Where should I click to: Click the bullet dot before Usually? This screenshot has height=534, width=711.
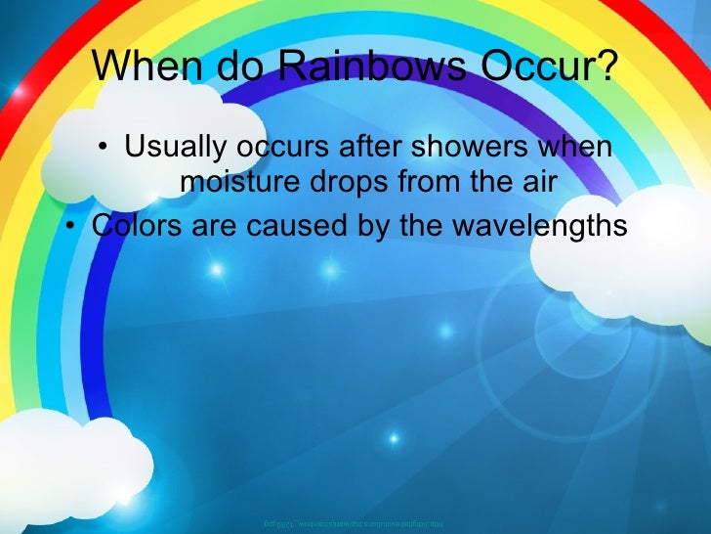point(104,151)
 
